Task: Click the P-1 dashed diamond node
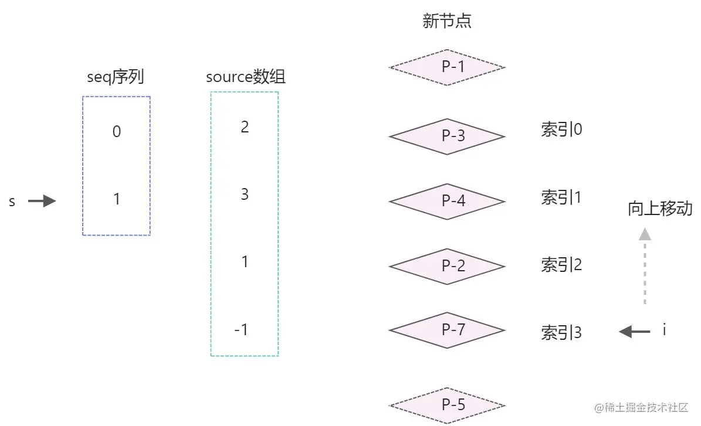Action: pos(447,67)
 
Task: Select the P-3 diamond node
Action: pos(447,136)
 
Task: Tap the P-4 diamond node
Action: pos(447,201)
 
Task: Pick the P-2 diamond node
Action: pos(447,266)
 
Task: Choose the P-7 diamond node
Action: pos(447,330)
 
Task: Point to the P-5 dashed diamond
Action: pos(447,405)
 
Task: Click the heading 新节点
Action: pos(447,22)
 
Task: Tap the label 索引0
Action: pos(561,129)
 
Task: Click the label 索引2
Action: pos(561,265)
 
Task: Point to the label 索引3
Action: pos(561,333)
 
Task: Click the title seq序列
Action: pos(116,77)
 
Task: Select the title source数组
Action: pos(246,77)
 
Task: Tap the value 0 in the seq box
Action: pos(116,132)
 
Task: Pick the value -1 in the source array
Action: pos(241,330)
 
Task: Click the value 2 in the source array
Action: pos(245,127)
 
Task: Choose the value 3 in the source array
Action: pos(245,194)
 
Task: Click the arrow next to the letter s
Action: pos(42,202)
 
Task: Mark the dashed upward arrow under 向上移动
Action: pos(645,266)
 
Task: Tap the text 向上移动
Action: pos(660,209)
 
